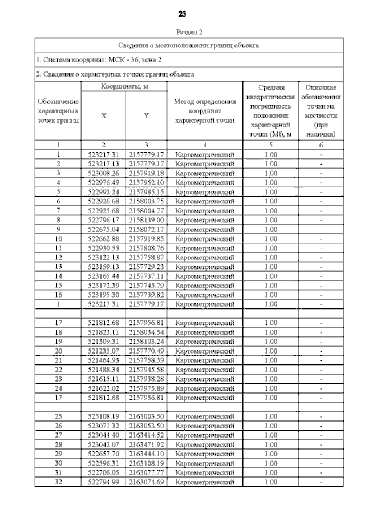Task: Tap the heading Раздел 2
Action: tap(182, 33)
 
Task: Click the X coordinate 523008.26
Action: tap(104, 173)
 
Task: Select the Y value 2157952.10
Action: tap(146, 182)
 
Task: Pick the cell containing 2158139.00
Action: tap(146, 219)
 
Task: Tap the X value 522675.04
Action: tap(104, 229)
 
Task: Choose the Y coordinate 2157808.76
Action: tap(146, 247)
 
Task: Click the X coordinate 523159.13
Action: tap(104, 266)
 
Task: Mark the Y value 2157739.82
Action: tap(146, 294)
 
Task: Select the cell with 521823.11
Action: tap(104, 332)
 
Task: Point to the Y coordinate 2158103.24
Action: tap(146, 341)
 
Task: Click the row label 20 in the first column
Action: tap(58, 351)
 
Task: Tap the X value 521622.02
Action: tap(104, 388)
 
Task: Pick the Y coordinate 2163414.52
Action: tap(146, 435)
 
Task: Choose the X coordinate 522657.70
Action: tap(104, 454)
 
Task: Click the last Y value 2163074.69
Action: tap(146, 482)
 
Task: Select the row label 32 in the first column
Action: tap(58, 482)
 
